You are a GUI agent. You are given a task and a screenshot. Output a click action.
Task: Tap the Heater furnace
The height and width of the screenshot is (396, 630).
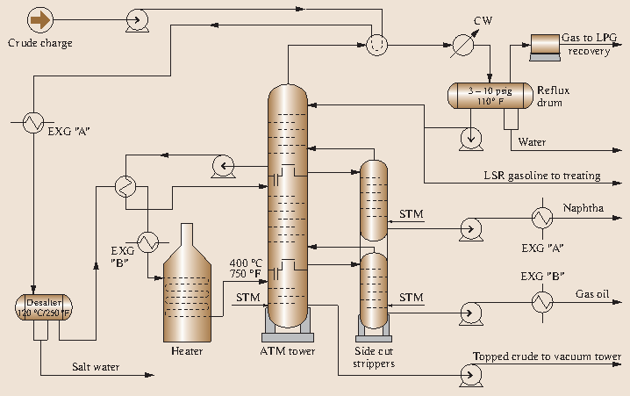coord(186,290)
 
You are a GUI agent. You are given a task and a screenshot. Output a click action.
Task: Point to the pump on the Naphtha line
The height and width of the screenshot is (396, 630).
coord(471,229)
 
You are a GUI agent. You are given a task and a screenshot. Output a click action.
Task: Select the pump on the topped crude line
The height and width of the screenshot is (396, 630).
coord(471,376)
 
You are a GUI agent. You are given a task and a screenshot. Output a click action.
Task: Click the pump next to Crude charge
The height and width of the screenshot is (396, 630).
coord(136,18)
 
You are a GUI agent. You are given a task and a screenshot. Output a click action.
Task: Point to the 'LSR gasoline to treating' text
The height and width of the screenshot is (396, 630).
coord(541,176)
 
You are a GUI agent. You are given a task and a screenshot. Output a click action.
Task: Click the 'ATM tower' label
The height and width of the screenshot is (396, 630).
coord(288,352)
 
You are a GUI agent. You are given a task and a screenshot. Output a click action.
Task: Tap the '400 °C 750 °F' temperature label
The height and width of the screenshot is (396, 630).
coord(245,269)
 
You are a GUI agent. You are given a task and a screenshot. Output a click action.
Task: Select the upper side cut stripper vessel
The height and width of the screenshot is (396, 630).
coord(374,200)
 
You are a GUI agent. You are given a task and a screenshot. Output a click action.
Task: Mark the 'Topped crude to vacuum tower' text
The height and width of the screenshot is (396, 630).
coord(548,356)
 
